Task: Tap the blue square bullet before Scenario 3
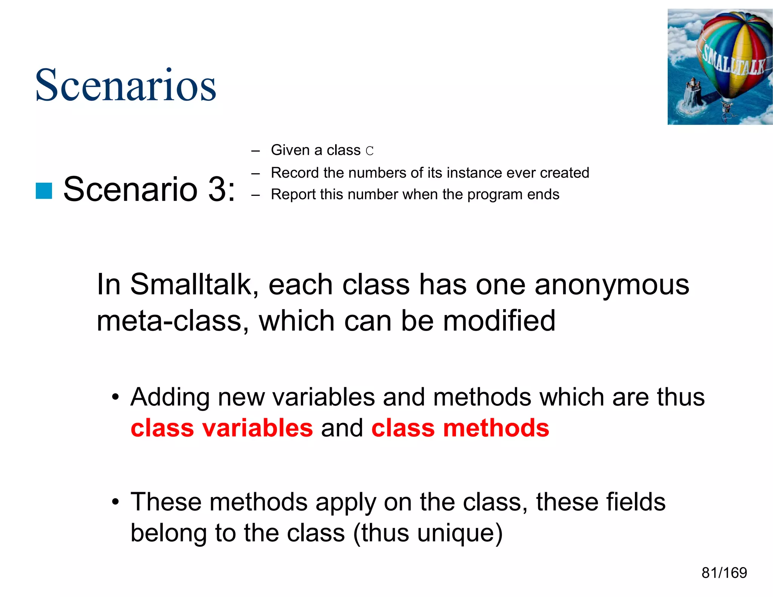(x=44, y=191)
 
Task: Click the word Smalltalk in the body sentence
(x=191, y=285)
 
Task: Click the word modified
(x=499, y=321)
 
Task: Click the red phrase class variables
(x=222, y=428)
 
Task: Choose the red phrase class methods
(x=460, y=428)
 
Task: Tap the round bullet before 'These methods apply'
(x=115, y=502)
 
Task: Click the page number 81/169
(x=724, y=573)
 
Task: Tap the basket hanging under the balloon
(x=725, y=107)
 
